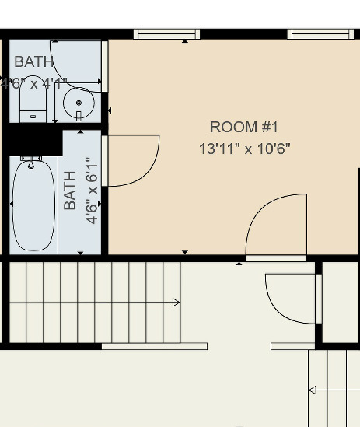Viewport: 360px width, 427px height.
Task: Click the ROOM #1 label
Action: click(x=243, y=127)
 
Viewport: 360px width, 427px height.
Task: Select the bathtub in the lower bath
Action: click(x=33, y=206)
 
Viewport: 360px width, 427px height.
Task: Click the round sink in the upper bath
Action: click(x=79, y=101)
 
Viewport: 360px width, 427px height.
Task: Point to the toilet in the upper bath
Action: click(x=32, y=109)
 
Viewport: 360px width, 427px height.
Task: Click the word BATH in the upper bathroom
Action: click(x=34, y=62)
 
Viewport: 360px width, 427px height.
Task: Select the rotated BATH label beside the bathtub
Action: click(x=71, y=191)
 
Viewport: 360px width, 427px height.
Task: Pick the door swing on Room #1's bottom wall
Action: click(x=277, y=226)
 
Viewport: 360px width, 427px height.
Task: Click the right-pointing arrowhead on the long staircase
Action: click(x=178, y=303)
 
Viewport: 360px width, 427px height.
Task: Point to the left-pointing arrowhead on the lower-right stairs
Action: click(x=312, y=390)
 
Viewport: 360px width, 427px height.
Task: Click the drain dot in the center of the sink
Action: click(x=79, y=101)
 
